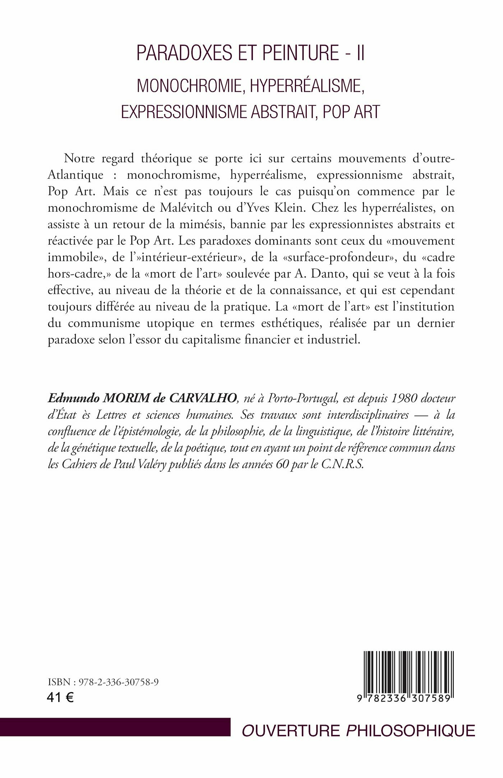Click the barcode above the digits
(407, 670)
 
